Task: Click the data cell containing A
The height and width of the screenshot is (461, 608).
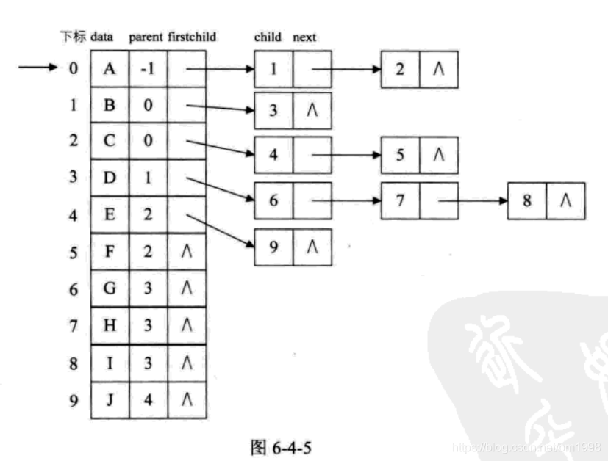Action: point(110,69)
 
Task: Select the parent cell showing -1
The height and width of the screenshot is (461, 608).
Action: point(148,69)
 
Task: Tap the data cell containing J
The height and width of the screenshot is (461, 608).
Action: point(110,400)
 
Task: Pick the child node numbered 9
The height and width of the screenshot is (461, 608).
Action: point(273,247)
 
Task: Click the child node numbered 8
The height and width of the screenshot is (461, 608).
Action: point(526,200)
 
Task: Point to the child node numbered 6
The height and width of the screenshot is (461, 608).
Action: point(273,200)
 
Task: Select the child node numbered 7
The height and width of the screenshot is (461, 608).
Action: point(400,200)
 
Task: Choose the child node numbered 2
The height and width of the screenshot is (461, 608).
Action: point(400,69)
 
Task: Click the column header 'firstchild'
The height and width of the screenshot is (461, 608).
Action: point(192,37)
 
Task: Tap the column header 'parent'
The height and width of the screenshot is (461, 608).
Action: point(146,37)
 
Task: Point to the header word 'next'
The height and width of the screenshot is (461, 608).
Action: point(304,37)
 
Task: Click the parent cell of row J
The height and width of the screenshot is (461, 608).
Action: point(148,400)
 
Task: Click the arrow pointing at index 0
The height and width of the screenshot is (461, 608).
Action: point(37,69)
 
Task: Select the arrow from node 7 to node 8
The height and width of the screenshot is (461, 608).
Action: point(471,200)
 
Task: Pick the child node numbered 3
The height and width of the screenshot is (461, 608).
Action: point(273,111)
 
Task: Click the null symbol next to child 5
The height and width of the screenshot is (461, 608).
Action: point(438,155)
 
